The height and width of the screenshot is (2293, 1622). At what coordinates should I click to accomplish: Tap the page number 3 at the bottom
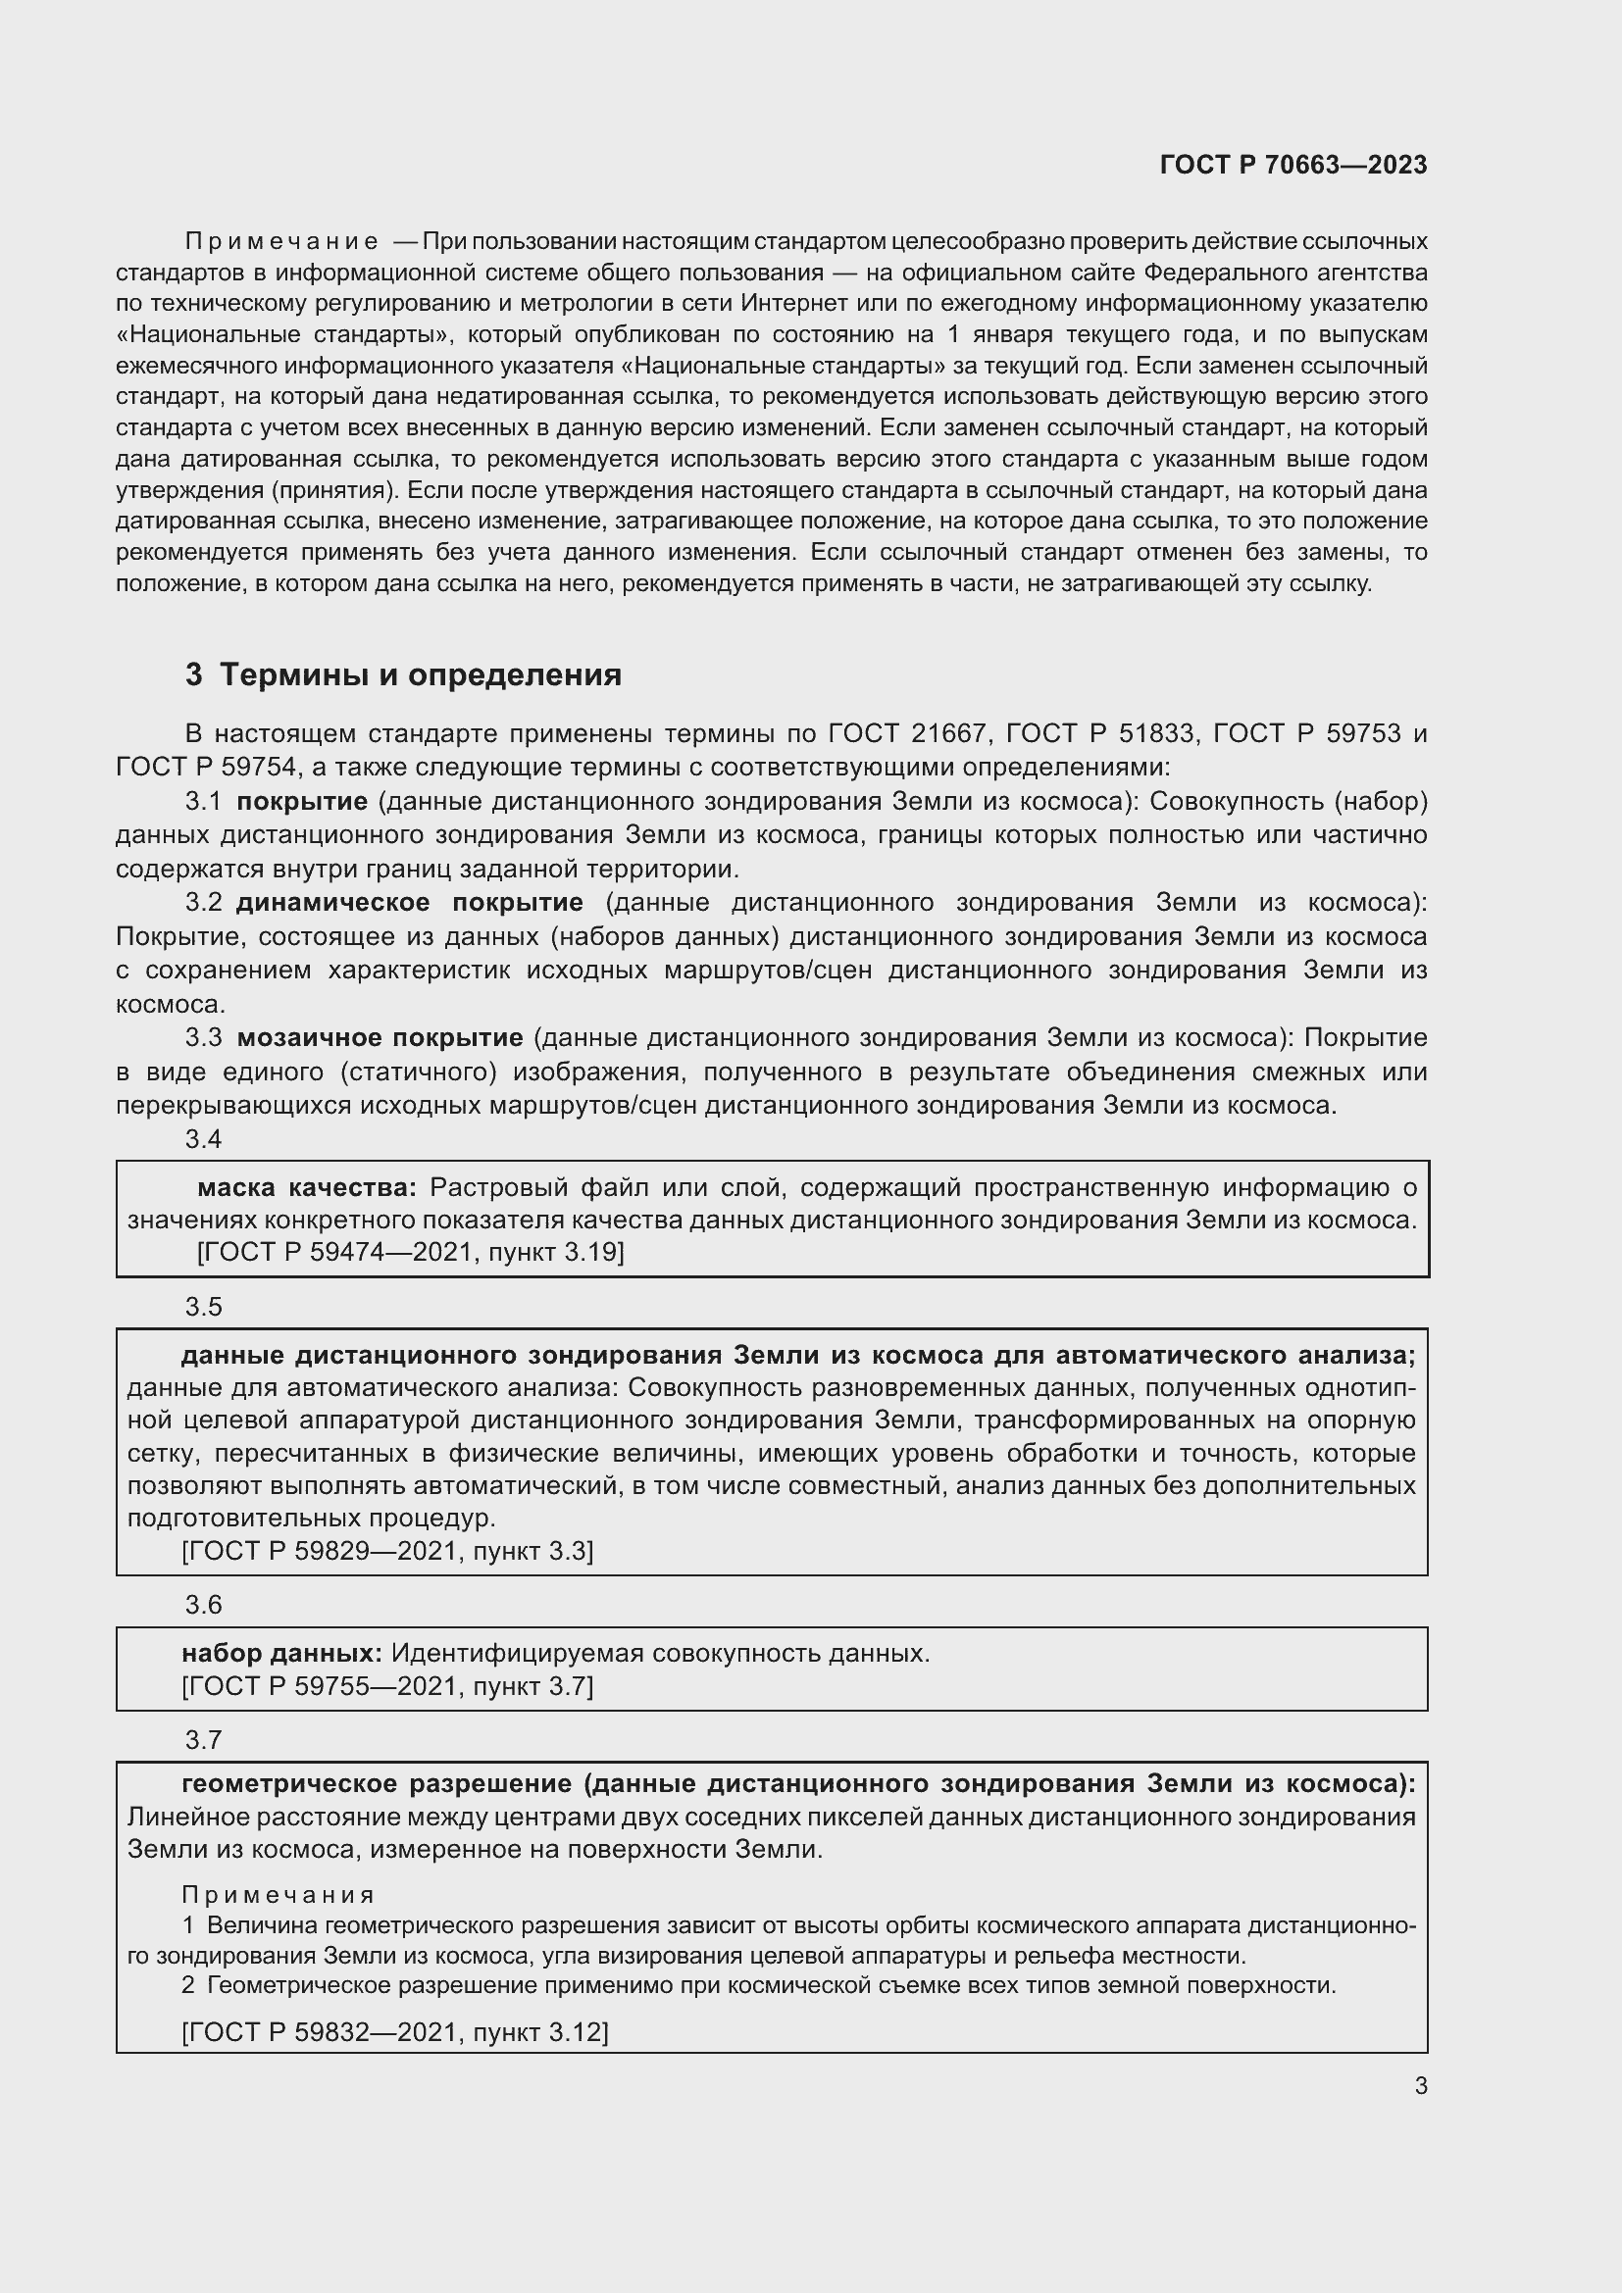click(x=1420, y=2085)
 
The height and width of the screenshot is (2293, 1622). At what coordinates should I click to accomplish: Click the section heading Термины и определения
click(x=420, y=675)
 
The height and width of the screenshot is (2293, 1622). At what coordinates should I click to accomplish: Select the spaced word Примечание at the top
click(x=281, y=242)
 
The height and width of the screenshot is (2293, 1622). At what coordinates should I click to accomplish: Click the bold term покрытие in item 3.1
click(x=302, y=802)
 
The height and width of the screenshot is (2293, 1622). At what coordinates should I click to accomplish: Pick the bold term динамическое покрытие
click(x=409, y=903)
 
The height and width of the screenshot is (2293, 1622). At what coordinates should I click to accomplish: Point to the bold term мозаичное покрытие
click(x=380, y=1037)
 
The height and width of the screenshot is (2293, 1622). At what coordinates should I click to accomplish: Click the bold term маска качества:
click(x=306, y=1187)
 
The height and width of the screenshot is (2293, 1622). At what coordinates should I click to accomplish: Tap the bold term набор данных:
click(x=280, y=1653)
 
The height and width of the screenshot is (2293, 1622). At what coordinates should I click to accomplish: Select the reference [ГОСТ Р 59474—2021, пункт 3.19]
click(x=410, y=1252)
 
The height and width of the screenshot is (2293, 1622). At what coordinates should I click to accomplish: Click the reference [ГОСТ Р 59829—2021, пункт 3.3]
click(x=387, y=1551)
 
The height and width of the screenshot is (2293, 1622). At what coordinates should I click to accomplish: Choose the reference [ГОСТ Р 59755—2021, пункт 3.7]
click(x=387, y=1686)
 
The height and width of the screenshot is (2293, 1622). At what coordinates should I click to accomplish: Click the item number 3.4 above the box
click(x=203, y=1139)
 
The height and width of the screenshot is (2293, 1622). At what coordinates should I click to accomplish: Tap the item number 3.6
click(x=203, y=1605)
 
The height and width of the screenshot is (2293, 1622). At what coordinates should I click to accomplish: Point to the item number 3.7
click(x=203, y=1741)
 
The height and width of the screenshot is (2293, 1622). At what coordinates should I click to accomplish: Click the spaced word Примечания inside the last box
click(x=278, y=1895)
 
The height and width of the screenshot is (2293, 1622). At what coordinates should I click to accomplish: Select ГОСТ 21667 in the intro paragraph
click(x=908, y=734)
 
